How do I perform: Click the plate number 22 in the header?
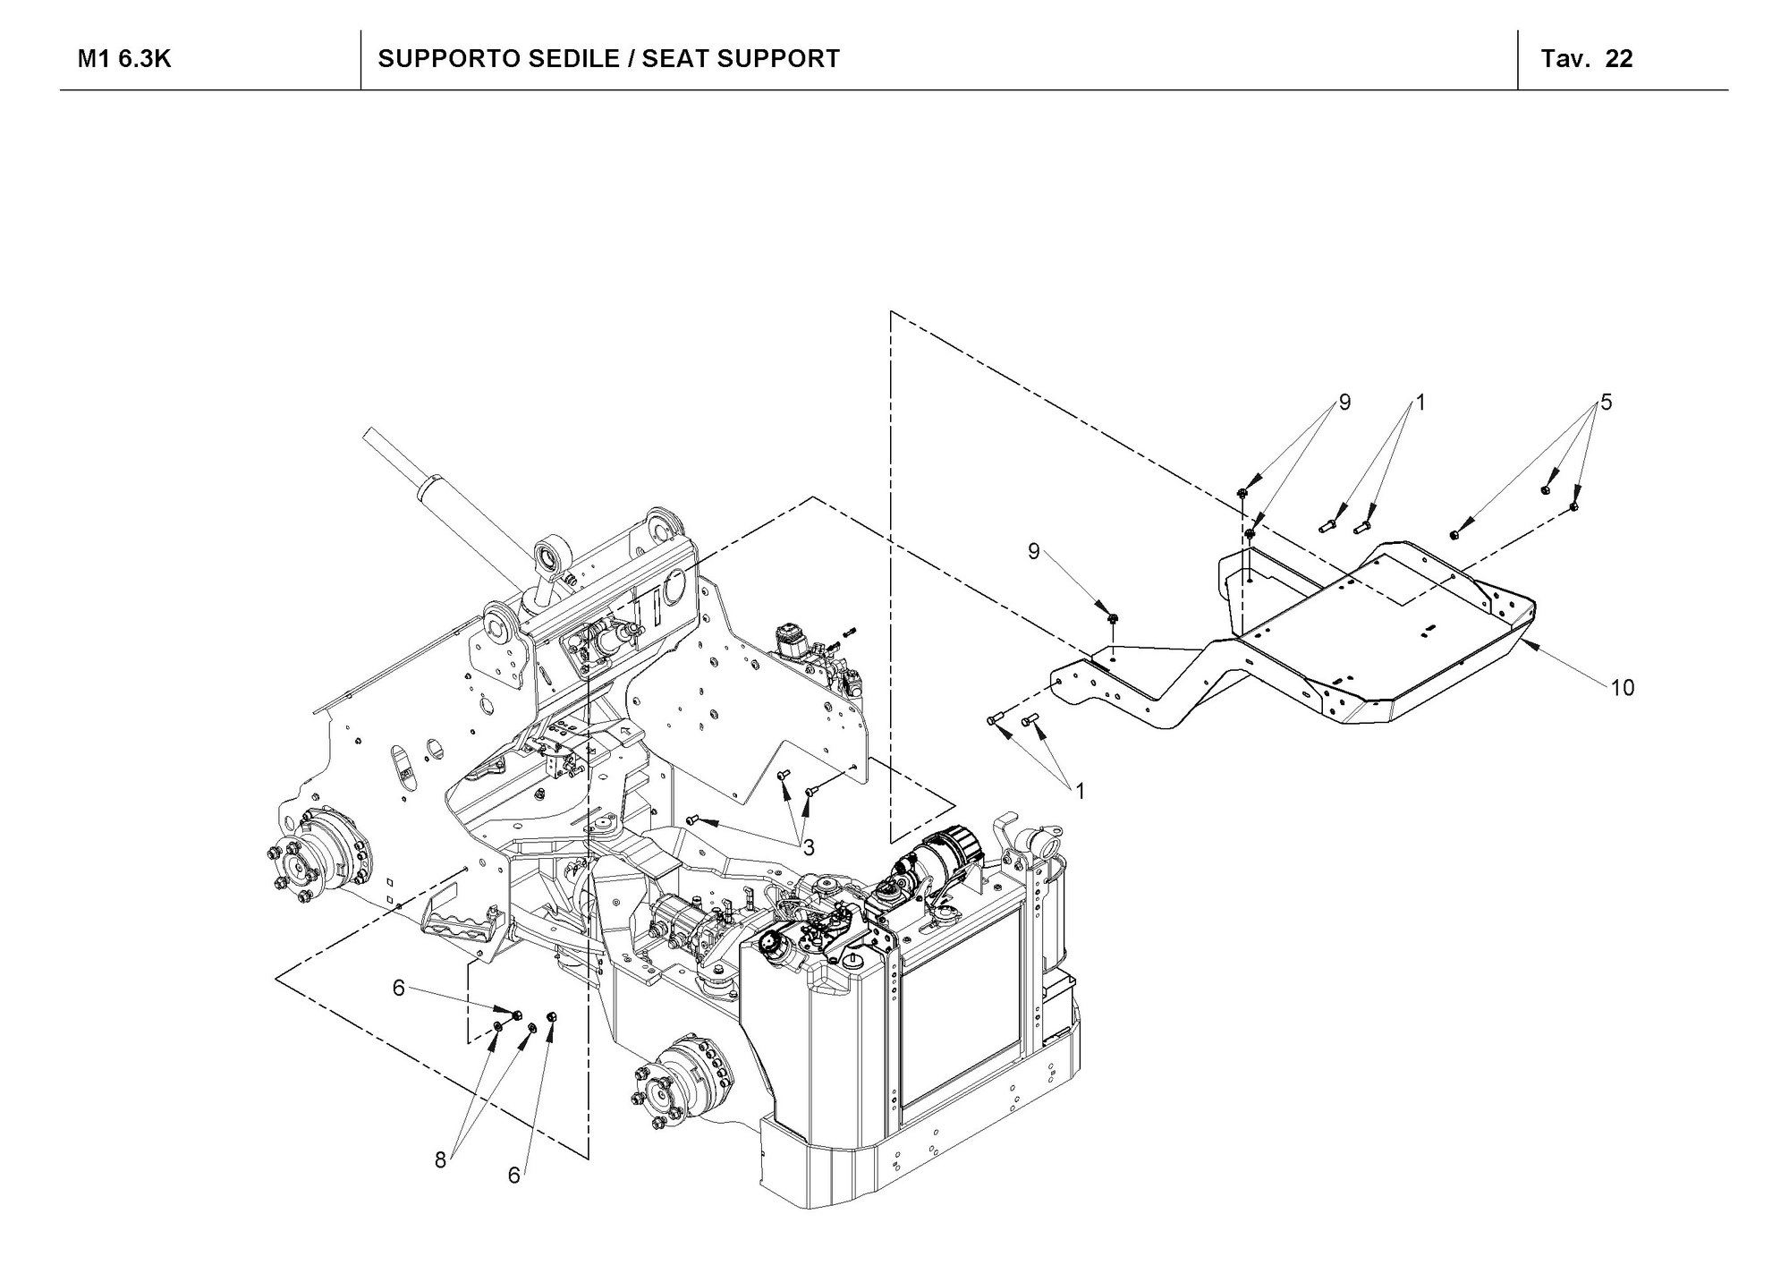[x=1619, y=59]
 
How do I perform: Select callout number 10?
[x=1622, y=687]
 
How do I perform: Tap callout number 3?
[x=808, y=846]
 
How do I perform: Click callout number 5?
[x=1607, y=403]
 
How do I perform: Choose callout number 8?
[x=440, y=1160]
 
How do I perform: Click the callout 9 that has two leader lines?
[x=1344, y=403]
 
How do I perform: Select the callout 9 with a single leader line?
[x=1033, y=551]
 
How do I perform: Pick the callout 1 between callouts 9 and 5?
[x=1420, y=403]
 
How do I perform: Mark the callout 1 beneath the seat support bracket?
[x=1081, y=791]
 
